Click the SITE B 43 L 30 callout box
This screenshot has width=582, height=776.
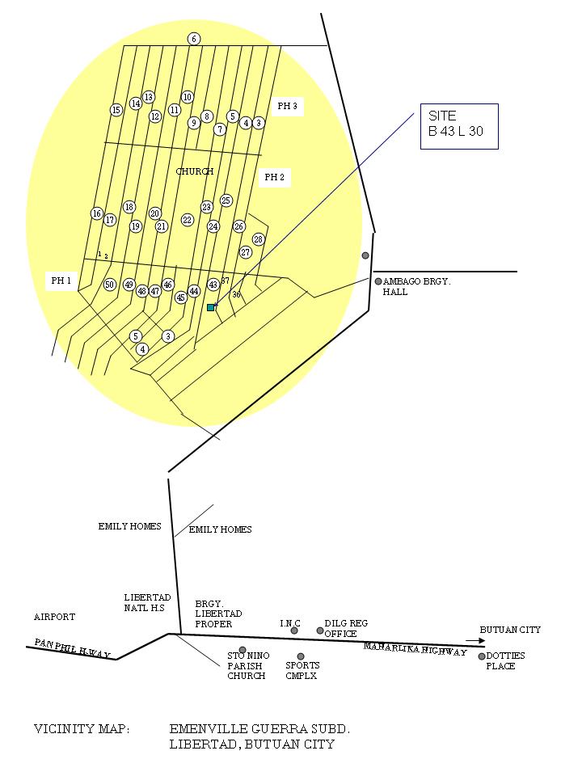[458, 125]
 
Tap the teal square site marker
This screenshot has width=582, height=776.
[211, 307]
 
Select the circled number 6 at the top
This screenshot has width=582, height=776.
[194, 39]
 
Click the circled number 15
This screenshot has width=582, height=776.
[116, 110]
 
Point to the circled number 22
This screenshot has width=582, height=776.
[188, 220]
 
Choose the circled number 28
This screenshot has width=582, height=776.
[259, 239]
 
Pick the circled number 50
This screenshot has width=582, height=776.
[110, 285]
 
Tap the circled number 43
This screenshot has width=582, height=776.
[213, 285]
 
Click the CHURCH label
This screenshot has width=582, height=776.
[195, 171]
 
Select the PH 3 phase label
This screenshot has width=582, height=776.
[287, 106]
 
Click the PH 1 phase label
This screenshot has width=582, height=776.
[61, 280]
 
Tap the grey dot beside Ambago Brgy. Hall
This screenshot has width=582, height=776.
[378, 281]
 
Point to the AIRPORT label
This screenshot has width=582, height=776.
[54, 617]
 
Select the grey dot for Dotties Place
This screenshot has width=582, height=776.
[482, 656]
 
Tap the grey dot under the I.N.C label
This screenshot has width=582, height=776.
[294, 630]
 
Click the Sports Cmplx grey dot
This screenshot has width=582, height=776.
[301, 656]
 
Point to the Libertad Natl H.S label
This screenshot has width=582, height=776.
[147, 602]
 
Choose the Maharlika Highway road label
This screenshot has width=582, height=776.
[415, 649]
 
